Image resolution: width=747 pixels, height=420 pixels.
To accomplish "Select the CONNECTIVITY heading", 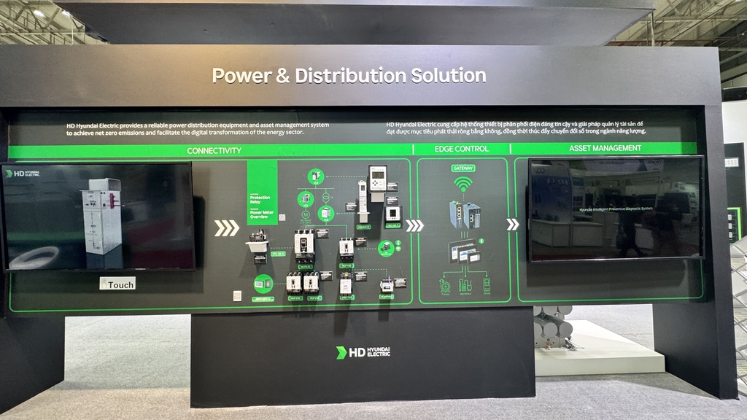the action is [214, 150].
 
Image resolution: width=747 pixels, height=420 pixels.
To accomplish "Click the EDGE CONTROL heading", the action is [462, 149].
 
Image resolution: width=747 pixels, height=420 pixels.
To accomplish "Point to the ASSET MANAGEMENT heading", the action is [605, 148].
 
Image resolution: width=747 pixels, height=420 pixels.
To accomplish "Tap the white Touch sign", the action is [117, 284].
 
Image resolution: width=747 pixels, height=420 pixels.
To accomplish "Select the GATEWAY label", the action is [463, 168].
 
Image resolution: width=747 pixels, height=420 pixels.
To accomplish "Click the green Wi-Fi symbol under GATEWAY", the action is [463, 185].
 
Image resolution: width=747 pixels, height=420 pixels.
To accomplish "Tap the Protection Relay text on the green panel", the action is [260, 200].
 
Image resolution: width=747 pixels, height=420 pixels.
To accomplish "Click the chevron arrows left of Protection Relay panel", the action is [226, 228].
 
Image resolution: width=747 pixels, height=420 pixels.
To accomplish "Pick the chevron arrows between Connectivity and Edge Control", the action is [414, 225].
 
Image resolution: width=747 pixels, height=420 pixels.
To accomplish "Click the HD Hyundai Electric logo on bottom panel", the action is [363, 352].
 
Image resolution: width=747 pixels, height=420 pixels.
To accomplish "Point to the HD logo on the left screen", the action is [23, 174].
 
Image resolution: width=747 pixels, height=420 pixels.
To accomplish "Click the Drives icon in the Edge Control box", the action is [486, 284].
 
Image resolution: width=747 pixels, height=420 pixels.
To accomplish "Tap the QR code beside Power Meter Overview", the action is [282, 217].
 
